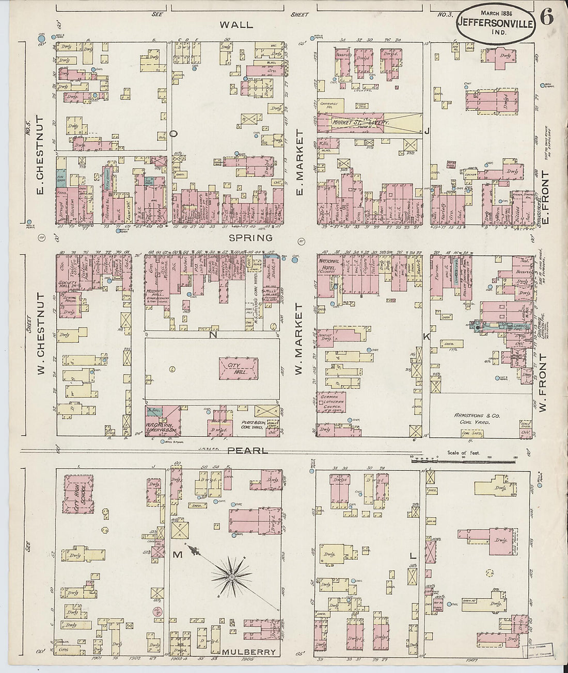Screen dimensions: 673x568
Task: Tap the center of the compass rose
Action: point(232,576)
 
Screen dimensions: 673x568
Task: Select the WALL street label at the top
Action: point(236,24)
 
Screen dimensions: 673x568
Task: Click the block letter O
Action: point(174,134)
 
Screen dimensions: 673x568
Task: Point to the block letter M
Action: point(177,555)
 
